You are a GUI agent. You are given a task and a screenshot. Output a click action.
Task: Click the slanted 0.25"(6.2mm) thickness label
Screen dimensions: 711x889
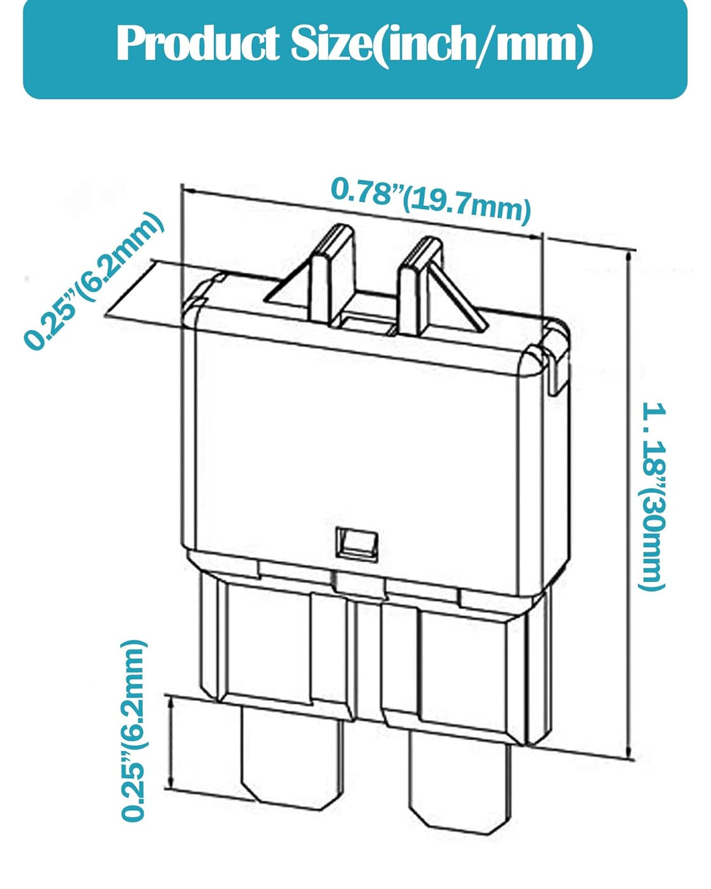click(94, 281)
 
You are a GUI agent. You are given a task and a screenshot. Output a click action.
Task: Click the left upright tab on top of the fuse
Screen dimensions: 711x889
click(333, 277)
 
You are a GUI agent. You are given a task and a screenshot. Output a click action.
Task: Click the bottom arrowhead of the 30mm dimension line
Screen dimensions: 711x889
click(629, 752)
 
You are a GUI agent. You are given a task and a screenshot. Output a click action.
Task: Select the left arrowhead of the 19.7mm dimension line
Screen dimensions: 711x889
click(188, 191)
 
